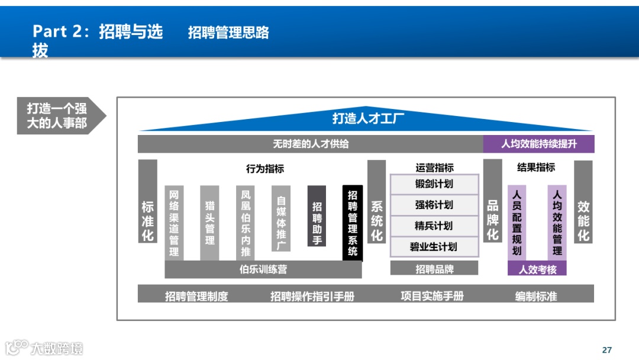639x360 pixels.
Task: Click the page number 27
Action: point(606,349)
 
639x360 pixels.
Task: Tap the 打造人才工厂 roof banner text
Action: point(367,118)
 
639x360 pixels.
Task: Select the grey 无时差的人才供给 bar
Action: point(311,144)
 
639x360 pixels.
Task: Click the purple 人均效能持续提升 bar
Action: point(538,144)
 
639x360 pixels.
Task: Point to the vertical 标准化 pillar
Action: point(147,201)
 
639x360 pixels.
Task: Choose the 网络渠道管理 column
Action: point(174,223)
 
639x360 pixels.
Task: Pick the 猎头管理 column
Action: point(209,223)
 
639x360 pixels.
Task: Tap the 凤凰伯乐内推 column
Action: point(246,223)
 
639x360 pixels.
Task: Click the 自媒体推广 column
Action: point(281,218)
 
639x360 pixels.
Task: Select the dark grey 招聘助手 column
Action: point(317,216)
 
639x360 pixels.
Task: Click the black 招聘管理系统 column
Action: point(353,223)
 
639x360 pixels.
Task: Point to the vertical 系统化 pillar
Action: point(376,201)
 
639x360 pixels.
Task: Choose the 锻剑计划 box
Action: point(434,184)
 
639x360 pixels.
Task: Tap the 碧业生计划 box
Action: point(434,247)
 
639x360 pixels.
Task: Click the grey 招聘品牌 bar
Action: point(434,269)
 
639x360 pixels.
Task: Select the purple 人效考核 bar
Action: point(537,269)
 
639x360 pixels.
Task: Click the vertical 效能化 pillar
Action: point(583,202)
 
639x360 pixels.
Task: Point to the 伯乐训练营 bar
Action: point(263,269)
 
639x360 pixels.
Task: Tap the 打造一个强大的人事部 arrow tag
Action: point(59,115)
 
